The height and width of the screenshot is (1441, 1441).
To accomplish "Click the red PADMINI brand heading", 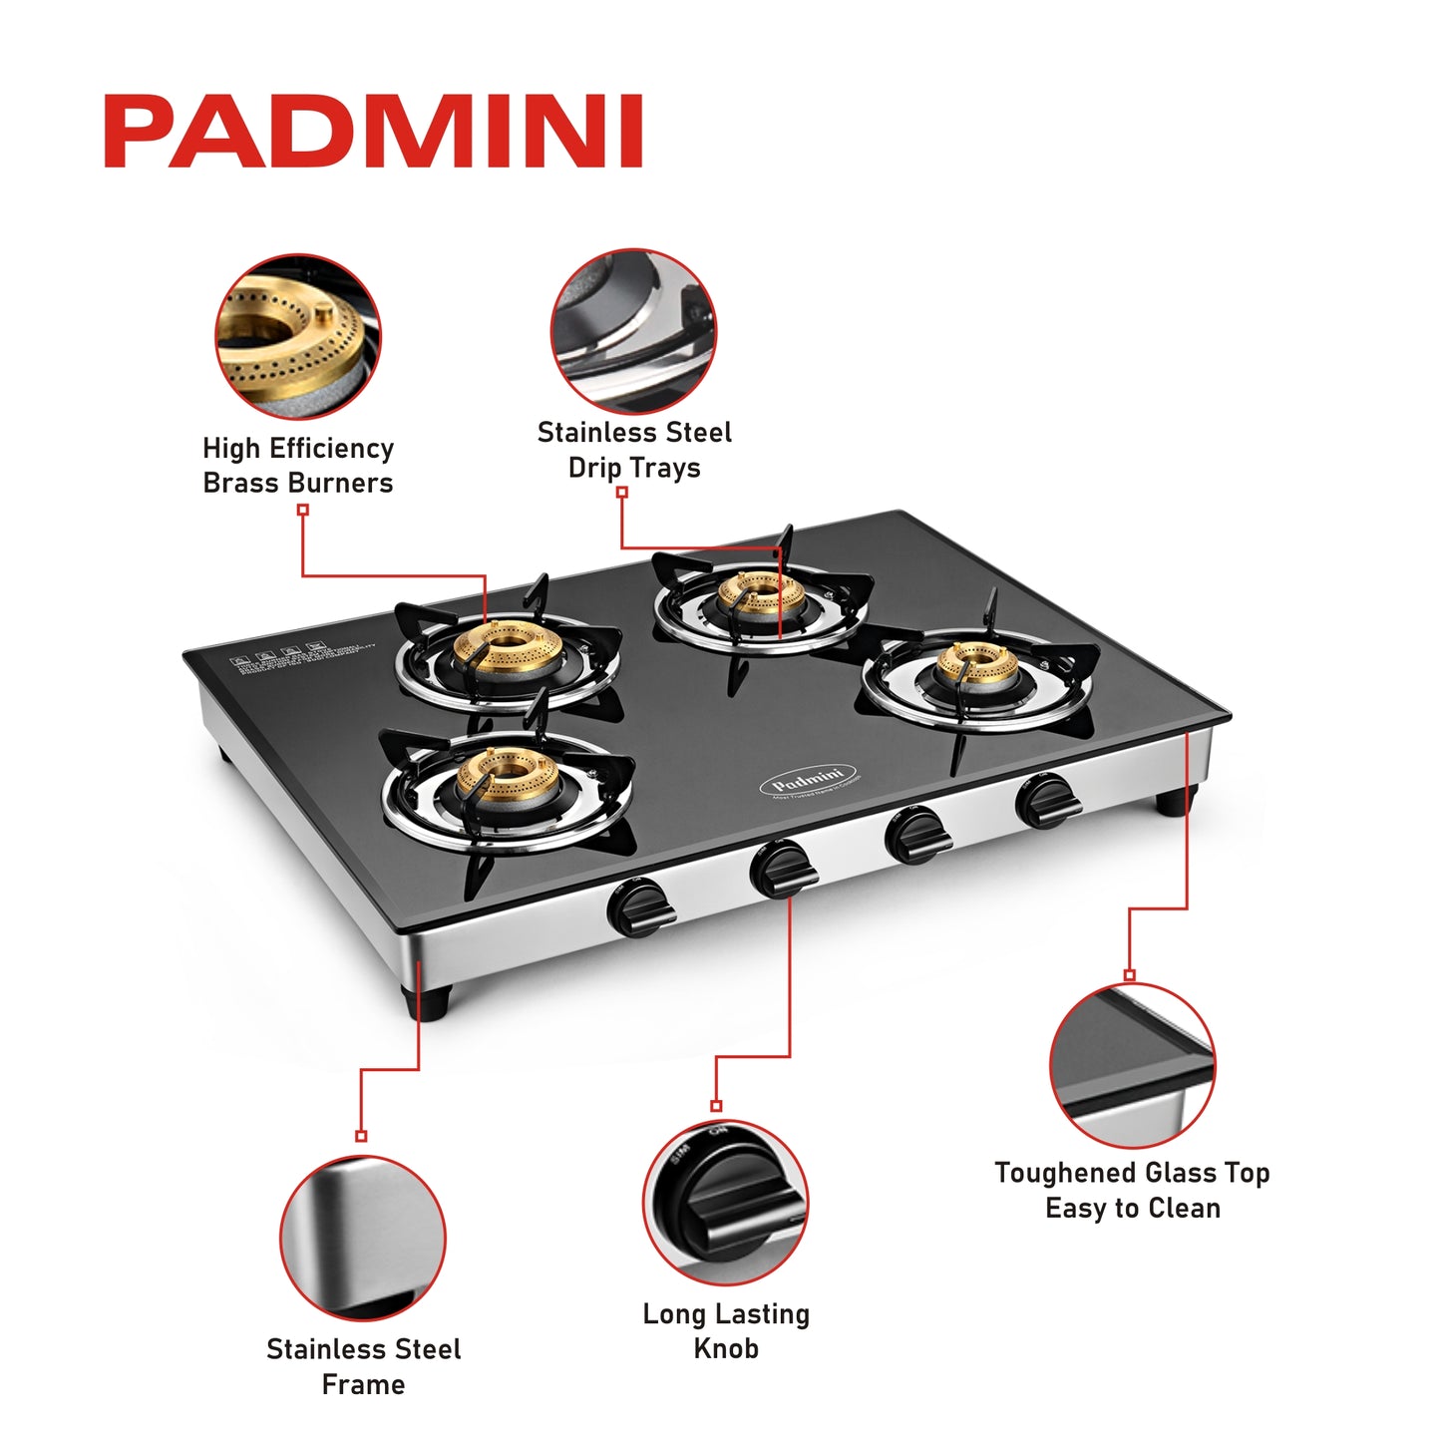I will point(373,131).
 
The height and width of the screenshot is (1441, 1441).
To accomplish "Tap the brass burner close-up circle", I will point(298,336).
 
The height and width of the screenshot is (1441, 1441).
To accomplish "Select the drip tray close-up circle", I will point(633,331).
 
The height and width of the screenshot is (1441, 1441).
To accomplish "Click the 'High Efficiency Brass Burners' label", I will point(298,466).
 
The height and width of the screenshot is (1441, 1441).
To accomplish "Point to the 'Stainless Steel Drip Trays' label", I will point(634,450).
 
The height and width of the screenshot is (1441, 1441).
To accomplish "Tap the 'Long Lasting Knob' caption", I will point(726,1331).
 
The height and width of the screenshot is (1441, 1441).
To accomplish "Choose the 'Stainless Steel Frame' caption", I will point(364,1366).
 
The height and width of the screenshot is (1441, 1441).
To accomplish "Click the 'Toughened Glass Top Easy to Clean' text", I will point(1132,1190).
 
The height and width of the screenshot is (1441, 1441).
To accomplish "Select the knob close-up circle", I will point(725,1203).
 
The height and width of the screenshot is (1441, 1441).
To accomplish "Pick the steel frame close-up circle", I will point(363,1239).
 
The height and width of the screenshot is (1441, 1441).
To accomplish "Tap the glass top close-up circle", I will point(1133,1065).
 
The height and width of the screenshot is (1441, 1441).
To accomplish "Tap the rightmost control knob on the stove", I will point(1044,802).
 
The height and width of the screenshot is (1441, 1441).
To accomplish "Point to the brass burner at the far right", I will point(977,665).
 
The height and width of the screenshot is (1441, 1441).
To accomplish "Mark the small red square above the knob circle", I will point(716,1106).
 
